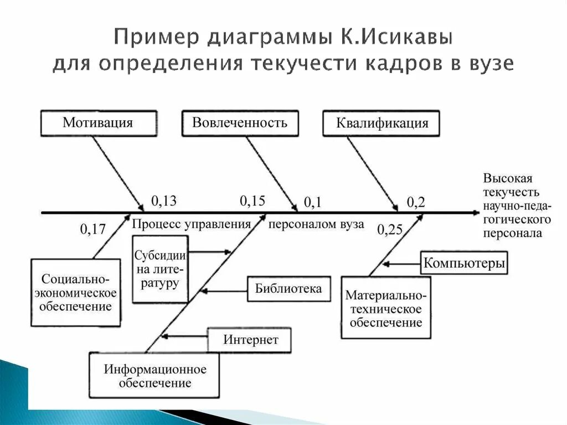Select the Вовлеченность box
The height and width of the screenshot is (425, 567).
240,122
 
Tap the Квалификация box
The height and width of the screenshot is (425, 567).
382,123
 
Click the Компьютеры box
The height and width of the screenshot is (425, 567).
464,263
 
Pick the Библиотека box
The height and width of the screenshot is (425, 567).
288,289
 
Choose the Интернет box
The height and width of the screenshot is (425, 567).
250,340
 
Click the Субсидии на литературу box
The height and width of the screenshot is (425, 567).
160,269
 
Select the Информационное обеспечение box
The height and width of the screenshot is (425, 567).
154,376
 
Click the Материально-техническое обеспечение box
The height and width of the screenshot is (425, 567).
386,308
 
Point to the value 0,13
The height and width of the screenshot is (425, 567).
163,201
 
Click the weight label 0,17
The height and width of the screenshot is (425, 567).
93,228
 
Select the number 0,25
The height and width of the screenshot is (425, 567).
390,229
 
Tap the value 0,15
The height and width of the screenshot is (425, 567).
252,201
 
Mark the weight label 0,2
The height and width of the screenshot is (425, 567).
416,203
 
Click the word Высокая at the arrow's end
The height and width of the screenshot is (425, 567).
508,178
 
